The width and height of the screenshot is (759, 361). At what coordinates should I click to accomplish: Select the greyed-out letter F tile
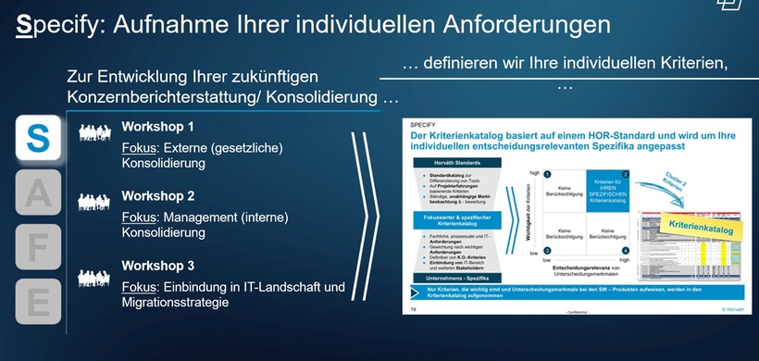coord(36,247)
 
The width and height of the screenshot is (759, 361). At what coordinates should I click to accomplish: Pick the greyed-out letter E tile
coord(36,302)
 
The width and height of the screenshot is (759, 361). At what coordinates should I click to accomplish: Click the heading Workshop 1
coord(158,127)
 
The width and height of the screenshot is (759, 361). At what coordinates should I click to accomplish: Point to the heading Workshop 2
coord(158,196)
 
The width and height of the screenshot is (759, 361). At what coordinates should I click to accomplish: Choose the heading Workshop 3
coord(158,266)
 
